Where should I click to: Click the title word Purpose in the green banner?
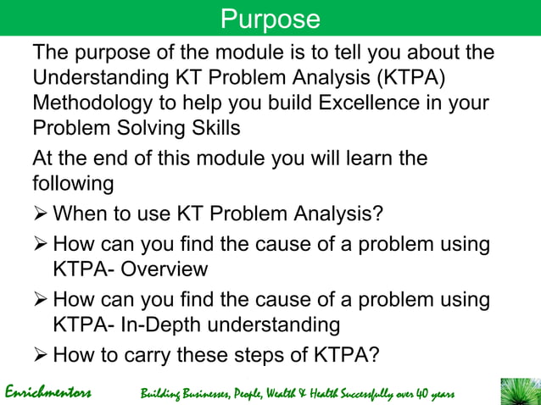[270, 19]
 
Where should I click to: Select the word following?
[73, 184]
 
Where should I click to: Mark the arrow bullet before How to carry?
[40, 354]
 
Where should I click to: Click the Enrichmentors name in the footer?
[48, 393]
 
